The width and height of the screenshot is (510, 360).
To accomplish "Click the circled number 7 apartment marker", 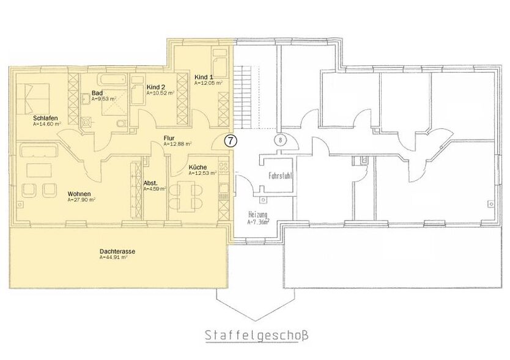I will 230,140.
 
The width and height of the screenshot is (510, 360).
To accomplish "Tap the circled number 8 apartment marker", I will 279,139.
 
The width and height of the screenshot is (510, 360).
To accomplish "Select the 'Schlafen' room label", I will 42,117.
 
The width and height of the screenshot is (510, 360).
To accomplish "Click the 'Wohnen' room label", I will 79,194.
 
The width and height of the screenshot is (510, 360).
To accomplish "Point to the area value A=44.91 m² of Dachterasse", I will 113,257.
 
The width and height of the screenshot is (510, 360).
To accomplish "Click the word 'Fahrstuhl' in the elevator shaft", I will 280,175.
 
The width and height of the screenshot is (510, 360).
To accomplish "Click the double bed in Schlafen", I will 35,95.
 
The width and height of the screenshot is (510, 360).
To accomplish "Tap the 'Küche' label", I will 197,167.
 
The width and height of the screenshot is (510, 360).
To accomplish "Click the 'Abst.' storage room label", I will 150,183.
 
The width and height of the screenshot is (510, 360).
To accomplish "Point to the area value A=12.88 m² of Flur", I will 178,144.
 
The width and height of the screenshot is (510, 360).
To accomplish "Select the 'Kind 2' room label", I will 156,87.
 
